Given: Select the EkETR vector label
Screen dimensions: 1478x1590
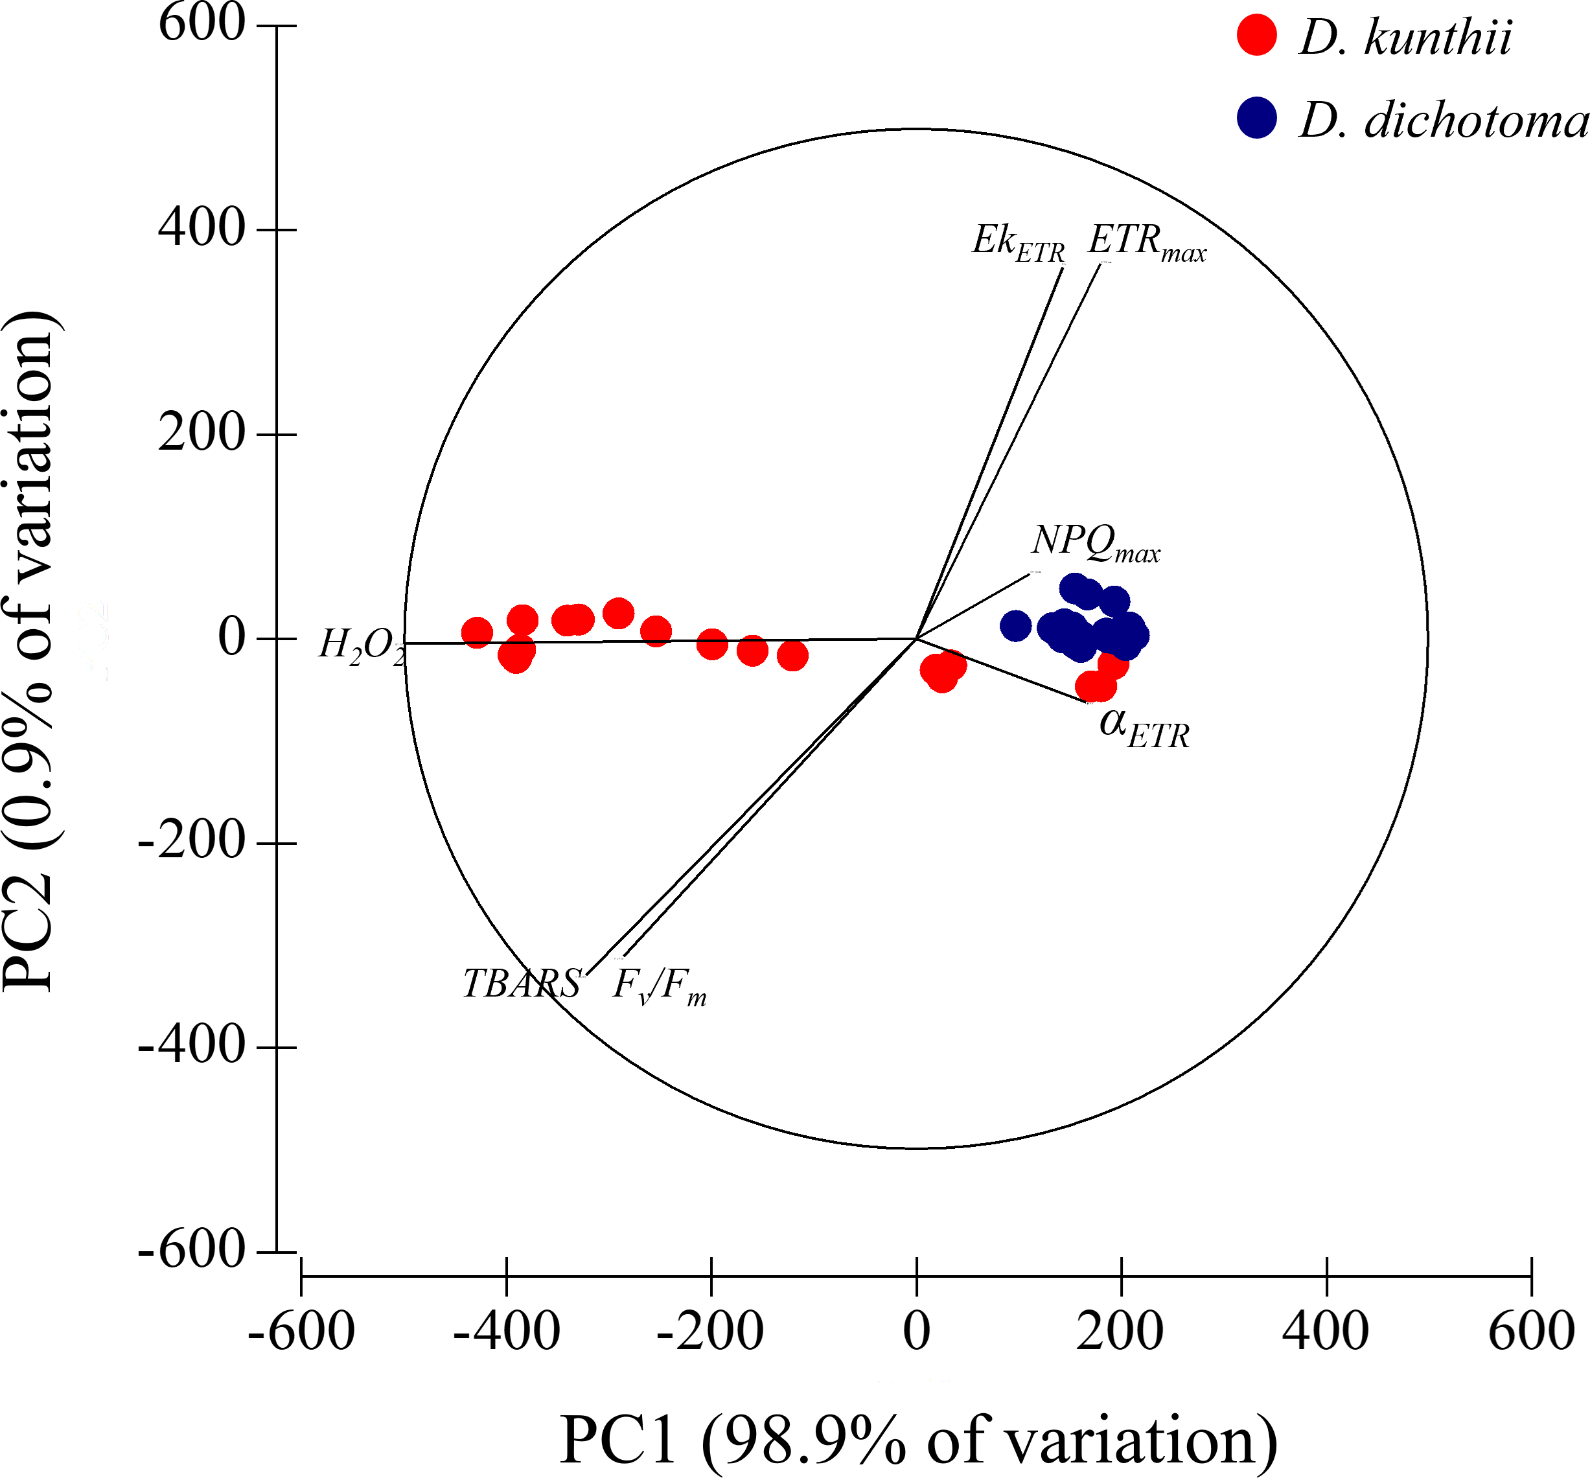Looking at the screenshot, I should point(1017,242).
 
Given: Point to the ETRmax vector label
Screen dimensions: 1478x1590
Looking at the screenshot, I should point(1146,242).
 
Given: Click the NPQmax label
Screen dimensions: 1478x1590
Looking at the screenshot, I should point(1095,543).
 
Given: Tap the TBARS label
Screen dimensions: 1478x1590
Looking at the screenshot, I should point(522,984).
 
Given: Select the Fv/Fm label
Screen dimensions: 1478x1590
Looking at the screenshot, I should point(659,986).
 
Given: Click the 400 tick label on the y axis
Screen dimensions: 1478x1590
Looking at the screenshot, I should point(201,229).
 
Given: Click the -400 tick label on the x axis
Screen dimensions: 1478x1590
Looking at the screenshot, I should point(505,1332).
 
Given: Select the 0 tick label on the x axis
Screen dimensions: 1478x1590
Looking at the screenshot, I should point(917,1332).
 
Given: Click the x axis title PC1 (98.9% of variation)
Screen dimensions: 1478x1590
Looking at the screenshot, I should point(918,1440).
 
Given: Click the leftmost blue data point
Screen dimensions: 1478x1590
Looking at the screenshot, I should point(1015,625).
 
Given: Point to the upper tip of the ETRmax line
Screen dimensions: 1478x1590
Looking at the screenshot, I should point(1100,263).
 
